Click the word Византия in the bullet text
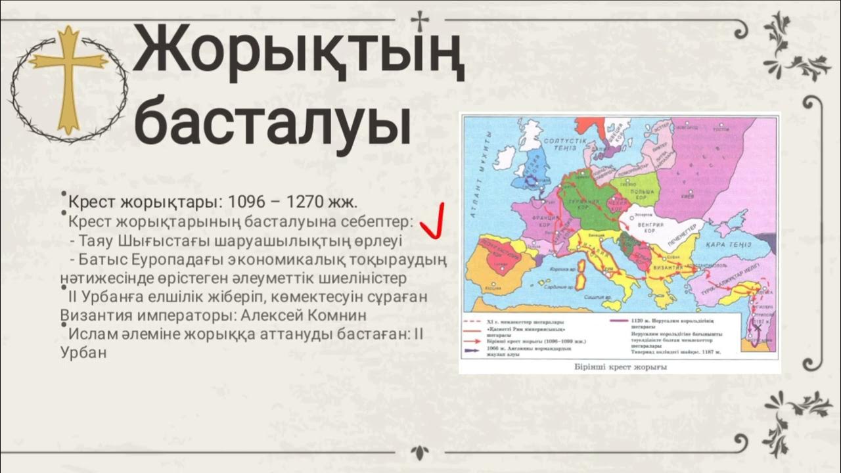92,315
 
